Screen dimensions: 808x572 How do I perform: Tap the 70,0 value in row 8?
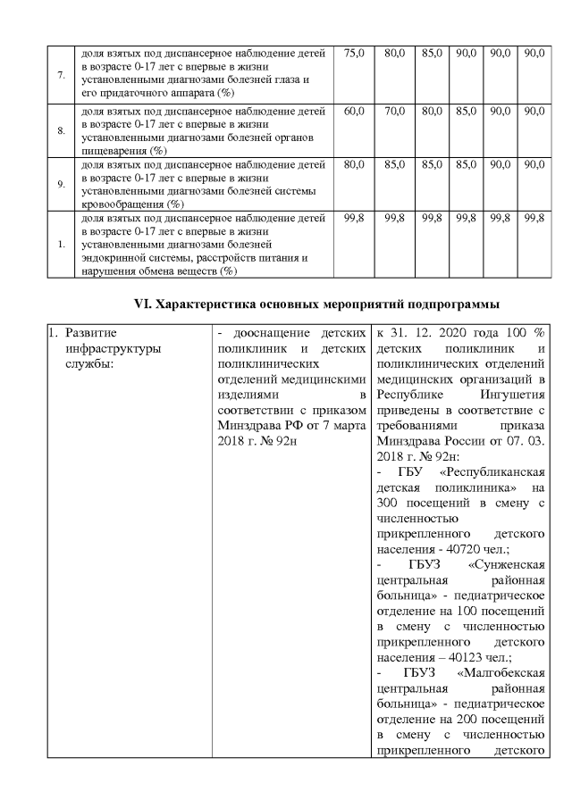point(394,112)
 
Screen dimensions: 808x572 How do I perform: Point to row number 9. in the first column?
point(62,184)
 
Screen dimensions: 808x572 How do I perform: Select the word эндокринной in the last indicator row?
point(112,259)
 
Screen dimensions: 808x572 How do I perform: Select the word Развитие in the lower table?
point(89,333)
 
